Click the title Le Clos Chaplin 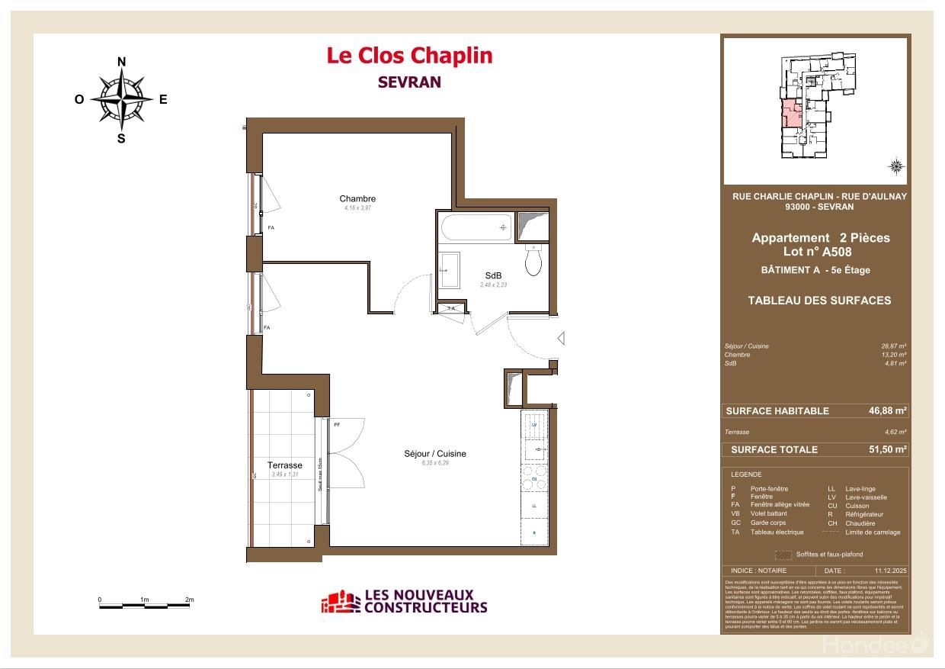click(409, 56)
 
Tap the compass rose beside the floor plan click(121, 99)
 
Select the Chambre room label click(357, 199)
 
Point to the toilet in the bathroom click(533, 262)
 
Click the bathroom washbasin click(449, 270)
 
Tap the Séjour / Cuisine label click(434, 454)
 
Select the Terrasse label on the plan click(284, 465)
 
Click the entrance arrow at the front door click(560, 338)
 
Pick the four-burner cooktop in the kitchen click(534, 478)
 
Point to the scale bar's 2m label click(189, 600)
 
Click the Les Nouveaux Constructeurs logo click(404, 602)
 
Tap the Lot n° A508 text click(817, 252)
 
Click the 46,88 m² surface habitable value click(887, 410)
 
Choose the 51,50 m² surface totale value click(887, 449)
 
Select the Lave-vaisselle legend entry click(866, 497)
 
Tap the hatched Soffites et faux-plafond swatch click(783, 555)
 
